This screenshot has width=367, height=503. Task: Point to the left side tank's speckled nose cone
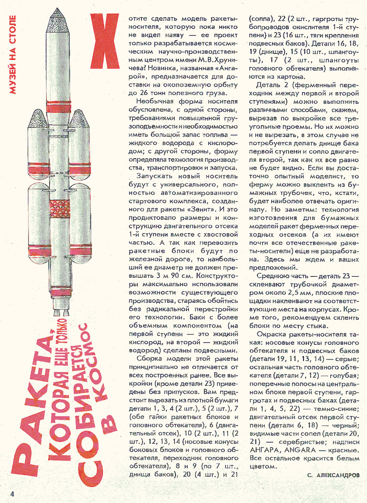(37, 120)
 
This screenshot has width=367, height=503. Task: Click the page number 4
(10, 493)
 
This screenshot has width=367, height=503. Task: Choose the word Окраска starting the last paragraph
(273, 335)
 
